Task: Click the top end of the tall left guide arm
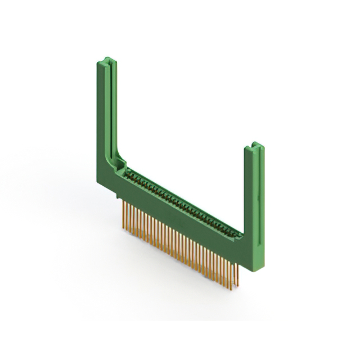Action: click(106, 59)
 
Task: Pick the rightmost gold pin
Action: click(238, 276)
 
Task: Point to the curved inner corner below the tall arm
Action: click(120, 157)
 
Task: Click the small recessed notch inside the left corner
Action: click(119, 165)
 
